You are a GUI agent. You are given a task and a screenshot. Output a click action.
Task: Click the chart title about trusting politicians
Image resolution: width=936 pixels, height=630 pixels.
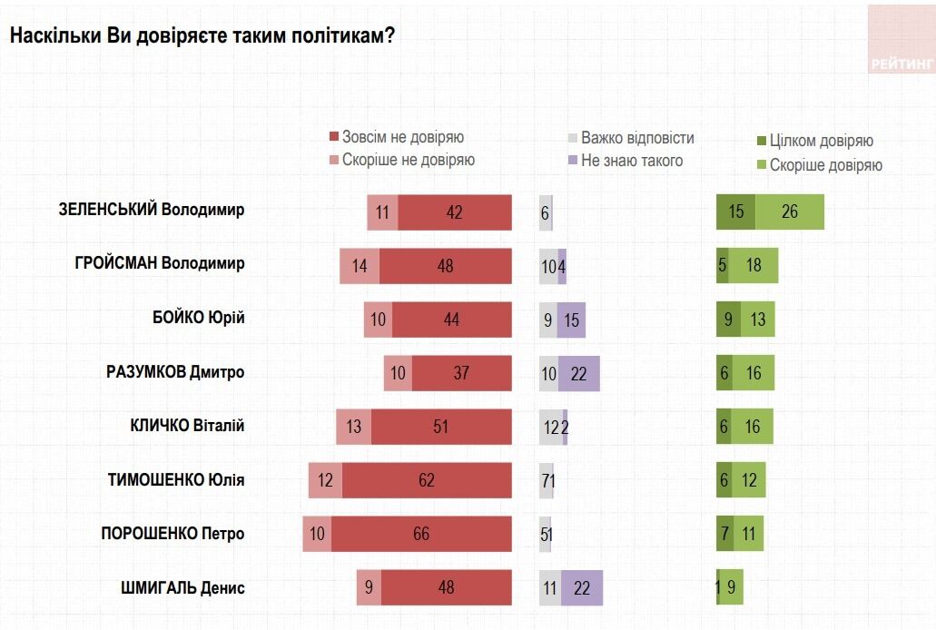coord(202,35)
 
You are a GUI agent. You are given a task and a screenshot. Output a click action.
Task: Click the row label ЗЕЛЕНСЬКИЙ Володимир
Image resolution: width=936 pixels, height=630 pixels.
coord(152,211)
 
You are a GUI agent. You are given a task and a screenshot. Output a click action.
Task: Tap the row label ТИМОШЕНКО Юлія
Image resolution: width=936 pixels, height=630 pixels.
coord(176,480)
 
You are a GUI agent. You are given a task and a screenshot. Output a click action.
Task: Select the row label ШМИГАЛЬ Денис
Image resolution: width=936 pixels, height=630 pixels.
coord(182,587)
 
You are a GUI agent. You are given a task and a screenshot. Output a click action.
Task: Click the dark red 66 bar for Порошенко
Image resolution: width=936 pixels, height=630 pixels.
coord(420,534)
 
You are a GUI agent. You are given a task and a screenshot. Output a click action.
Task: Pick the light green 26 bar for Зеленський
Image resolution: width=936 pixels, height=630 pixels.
coord(790,212)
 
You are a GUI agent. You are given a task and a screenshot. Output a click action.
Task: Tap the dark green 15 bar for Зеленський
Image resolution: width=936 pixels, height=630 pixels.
coord(735,212)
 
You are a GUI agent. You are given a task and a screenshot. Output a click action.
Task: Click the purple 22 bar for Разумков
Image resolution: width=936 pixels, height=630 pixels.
coord(579,373)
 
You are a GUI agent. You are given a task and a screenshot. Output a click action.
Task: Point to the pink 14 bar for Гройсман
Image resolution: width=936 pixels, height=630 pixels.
coord(360,265)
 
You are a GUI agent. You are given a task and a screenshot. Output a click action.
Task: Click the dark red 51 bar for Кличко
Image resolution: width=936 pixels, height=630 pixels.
coord(441,427)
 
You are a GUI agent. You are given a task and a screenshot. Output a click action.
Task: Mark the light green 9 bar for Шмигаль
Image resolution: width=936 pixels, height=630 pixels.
coord(732,587)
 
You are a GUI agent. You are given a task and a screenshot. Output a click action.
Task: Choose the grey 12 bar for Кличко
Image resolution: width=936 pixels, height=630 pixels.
coord(550,427)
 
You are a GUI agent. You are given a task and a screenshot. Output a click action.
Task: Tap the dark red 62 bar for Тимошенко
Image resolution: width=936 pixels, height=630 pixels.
coord(427,480)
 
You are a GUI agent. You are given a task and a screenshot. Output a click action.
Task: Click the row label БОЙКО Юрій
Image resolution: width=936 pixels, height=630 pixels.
coord(199,319)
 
